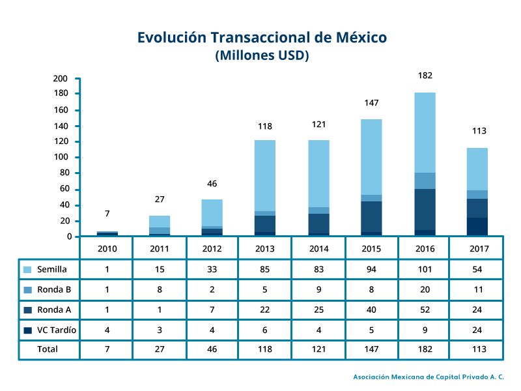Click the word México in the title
[x=361, y=37]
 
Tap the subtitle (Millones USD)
[x=262, y=55]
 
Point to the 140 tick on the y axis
[x=77, y=126]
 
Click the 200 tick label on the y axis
[x=60, y=79]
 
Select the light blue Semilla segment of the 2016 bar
[x=425, y=133]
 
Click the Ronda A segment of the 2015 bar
[x=371, y=217]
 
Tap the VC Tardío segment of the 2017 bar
[x=477, y=227]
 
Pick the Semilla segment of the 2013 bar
[x=265, y=175]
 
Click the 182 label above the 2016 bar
[x=425, y=76]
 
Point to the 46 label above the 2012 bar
[x=212, y=184]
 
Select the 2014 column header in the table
[x=319, y=249]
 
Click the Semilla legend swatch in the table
[x=27, y=270]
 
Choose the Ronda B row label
[x=54, y=289]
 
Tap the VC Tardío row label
[x=57, y=330]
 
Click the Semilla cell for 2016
[x=425, y=269]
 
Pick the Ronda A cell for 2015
[x=371, y=310]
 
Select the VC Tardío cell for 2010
[x=107, y=330]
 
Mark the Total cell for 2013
[x=265, y=349]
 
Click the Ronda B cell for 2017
[x=479, y=289]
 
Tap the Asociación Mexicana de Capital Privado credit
[x=429, y=377]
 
